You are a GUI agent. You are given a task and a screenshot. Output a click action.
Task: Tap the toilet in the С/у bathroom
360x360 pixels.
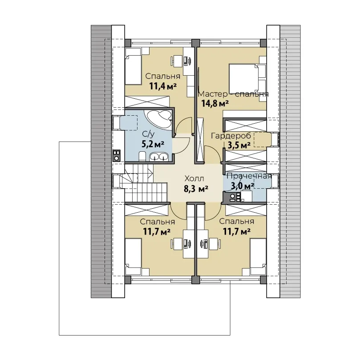coord(142,156)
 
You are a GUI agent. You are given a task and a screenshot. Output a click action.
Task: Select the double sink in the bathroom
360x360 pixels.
coord(159,157)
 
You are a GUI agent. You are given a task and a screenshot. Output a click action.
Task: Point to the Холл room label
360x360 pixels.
coord(194,178)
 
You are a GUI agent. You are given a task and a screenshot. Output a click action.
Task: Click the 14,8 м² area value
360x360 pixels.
coord(215,104)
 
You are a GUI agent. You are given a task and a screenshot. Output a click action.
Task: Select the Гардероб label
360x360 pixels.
coord(231,136)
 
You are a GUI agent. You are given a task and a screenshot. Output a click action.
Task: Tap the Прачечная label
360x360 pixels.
coord(249,176)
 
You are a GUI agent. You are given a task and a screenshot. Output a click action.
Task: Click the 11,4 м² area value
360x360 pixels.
coord(163,86)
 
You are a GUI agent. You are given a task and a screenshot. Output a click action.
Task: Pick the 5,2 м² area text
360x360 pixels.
coord(153,144)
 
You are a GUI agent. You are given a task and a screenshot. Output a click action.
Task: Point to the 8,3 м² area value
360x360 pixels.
coord(196,189)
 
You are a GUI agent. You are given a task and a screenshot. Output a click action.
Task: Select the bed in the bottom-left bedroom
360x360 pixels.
coord(133,256)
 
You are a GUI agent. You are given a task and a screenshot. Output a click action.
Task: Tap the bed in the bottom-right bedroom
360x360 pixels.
coord(258,256)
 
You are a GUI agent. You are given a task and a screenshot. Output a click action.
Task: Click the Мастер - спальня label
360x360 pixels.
coord(233,94)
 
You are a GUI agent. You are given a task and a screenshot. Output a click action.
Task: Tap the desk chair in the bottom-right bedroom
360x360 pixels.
coord(215,243)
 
